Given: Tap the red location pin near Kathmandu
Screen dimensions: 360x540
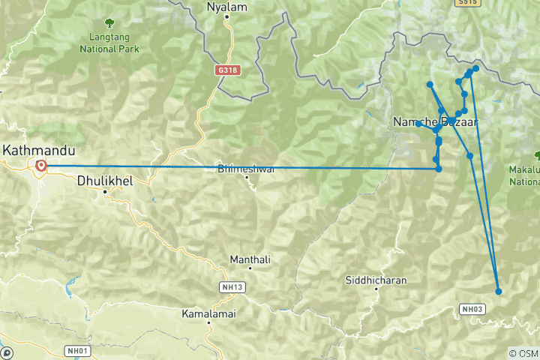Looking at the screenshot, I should (40, 166).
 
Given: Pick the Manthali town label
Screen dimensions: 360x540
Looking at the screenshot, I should (250, 259).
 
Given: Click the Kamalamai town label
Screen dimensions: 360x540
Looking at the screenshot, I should (208, 313).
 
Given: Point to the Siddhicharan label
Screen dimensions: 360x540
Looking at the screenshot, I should (376, 280).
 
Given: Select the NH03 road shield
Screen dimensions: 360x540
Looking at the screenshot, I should (472, 309).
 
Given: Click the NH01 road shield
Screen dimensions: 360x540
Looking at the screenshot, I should (77, 350).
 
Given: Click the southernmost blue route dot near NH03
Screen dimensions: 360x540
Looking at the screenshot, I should (499, 291).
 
